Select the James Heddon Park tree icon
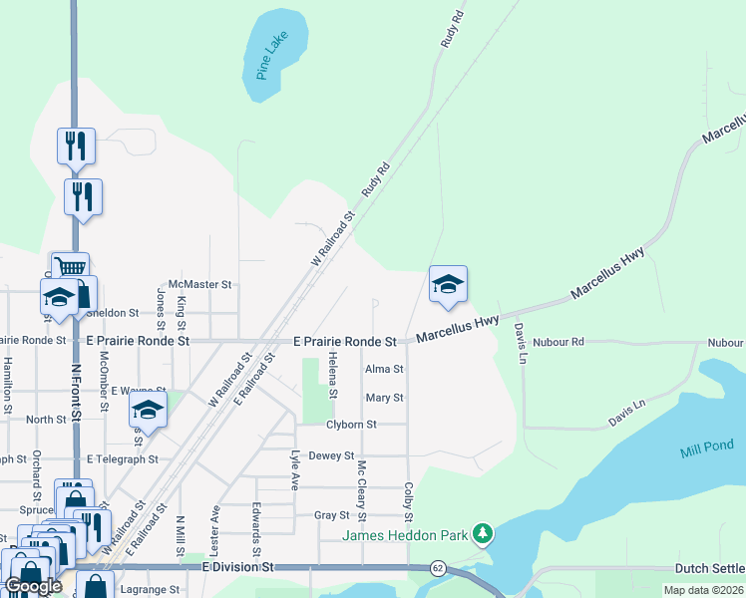point(483,534)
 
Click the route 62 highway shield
point(438,567)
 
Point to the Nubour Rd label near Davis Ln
point(558,342)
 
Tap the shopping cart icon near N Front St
point(69,268)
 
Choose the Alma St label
point(384,369)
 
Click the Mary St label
point(384,398)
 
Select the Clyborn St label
point(351,425)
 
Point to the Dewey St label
point(332,455)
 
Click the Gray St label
point(332,515)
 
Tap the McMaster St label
point(199,285)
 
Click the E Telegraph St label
point(123,459)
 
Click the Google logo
point(33,586)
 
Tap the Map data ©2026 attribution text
point(702,590)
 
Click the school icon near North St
point(148,409)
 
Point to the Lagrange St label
point(149,590)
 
